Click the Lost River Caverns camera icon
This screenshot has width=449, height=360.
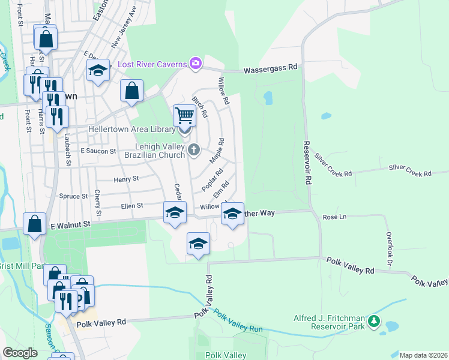point(196,63)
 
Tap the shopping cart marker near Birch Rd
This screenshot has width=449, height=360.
point(184,114)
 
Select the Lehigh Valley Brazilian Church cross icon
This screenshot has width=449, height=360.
point(193,149)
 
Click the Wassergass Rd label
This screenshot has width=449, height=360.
point(271,70)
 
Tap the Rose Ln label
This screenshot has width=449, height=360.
point(335,217)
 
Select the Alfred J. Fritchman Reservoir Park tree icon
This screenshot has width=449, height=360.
point(375,321)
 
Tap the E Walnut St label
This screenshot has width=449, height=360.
point(70,224)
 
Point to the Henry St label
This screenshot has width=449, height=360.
point(126,178)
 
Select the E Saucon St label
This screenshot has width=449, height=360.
point(98,151)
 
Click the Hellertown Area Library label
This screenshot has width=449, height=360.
point(131,129)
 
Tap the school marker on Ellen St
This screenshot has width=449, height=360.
point(175,213)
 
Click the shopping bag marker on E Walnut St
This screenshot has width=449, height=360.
point(35,224)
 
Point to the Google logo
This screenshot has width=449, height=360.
point(20,353)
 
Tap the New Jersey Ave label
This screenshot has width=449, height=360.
point(124,27)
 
